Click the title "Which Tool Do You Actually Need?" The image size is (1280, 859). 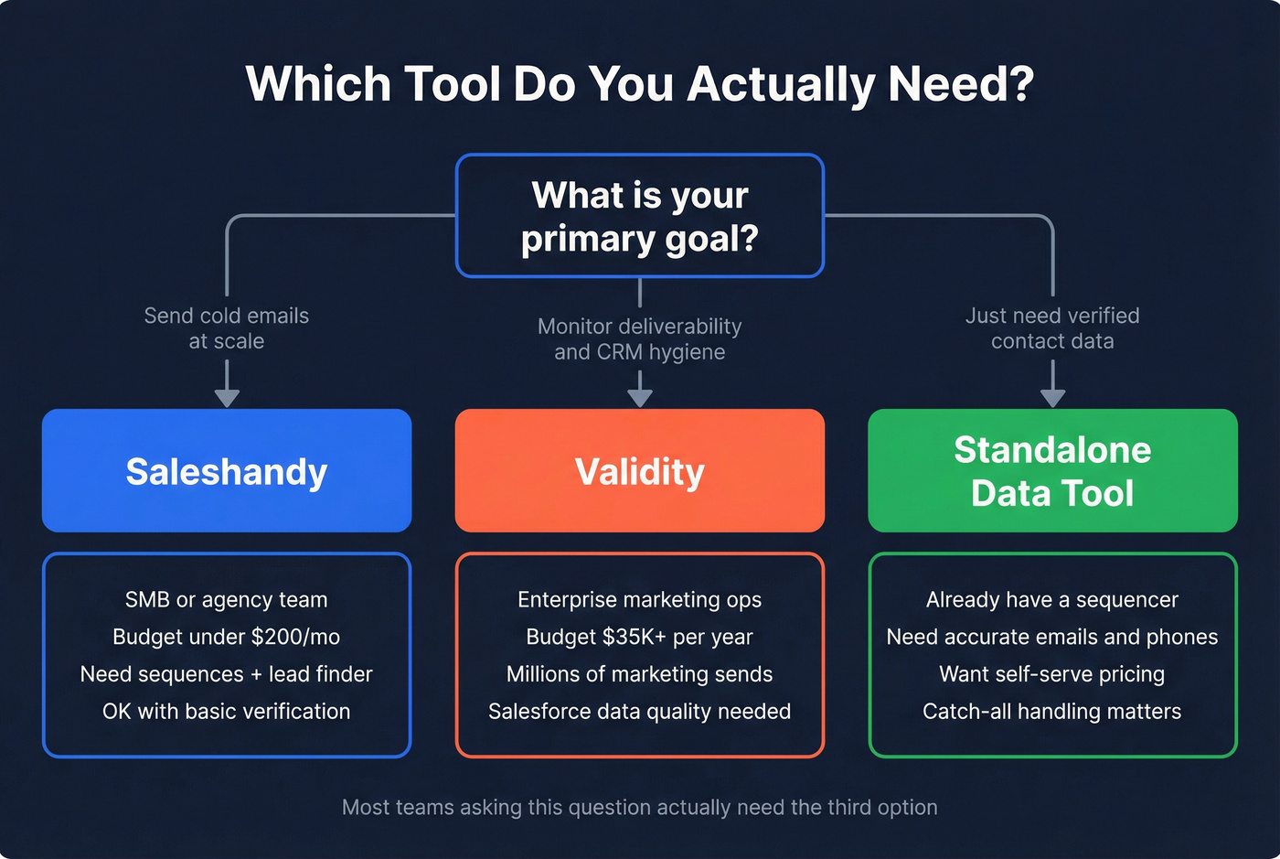coord(640,84)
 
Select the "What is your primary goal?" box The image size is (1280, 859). coord(640,216)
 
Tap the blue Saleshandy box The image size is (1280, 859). coord(227,471)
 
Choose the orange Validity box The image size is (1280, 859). coord(640,471)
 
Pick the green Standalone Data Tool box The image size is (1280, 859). coord(1052,471)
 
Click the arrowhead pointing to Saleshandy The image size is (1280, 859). coord(227,397)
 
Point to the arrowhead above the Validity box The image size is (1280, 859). coord(640,397)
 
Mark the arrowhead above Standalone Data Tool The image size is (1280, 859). coord(1052,397)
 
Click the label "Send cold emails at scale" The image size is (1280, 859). coord(227,328)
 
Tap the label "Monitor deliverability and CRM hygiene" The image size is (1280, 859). coord(640,339)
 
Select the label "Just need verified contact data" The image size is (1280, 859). coord(1052,328)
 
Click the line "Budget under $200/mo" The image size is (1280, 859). coord(227,637)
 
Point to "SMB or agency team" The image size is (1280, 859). coord(227,600)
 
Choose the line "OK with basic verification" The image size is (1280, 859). coord(227,712)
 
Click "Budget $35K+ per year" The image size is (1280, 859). coord(640,637)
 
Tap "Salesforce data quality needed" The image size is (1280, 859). coord(640,712)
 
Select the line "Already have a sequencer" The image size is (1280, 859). coord(1052,600)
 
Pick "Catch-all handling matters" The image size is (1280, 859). coord(1052,712)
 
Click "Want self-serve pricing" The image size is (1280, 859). coord(1052,674)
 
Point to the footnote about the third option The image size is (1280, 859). coord(640,808)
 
